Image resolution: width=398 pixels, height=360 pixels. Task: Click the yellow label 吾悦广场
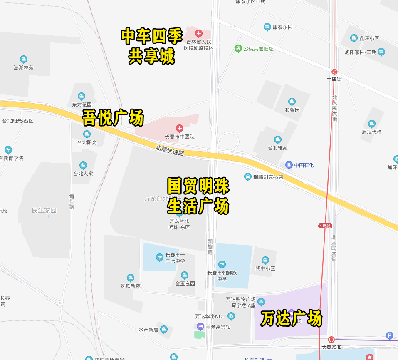(113, 118)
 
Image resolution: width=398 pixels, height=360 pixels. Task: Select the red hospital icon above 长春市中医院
(179, 128)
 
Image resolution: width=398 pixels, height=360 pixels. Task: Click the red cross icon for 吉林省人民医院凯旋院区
(199, 33)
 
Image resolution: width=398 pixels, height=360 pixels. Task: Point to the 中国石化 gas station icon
(289, 165)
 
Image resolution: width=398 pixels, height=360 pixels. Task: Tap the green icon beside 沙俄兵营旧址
(238, 49)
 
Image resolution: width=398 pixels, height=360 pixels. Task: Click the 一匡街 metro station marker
(334, 72)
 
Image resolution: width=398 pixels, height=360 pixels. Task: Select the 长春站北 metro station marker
(331, 339)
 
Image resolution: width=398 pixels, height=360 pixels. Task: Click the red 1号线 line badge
(325, 226)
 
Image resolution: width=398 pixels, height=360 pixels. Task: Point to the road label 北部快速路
(170, 150)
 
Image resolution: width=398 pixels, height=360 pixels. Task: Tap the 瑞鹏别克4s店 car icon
(248, 177)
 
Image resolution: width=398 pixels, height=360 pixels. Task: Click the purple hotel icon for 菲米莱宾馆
(200, 326)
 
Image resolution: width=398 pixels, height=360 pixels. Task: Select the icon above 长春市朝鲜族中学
(222, 264)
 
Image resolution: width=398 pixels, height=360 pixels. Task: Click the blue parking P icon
(390, 335)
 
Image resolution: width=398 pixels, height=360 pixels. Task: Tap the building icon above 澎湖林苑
(24, 60)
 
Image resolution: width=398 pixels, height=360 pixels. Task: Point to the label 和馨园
(292, 110)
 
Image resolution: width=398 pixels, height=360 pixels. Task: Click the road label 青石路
(72, 201)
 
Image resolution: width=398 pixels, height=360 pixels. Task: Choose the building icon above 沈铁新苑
(131, 278)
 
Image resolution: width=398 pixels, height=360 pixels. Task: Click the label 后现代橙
(371, 132)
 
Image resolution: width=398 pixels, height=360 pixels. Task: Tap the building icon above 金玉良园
(185, 275)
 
